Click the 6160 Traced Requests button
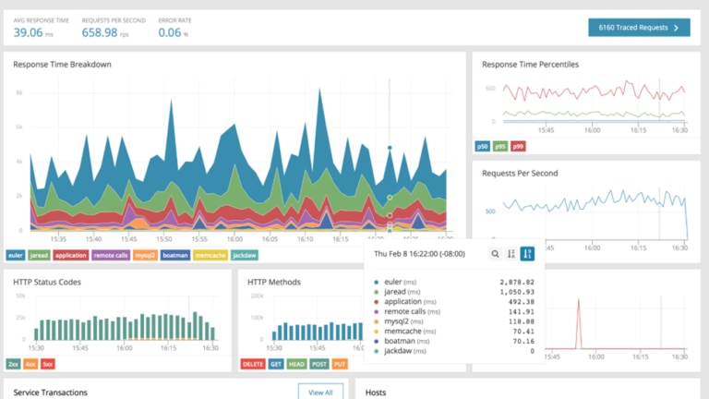[639, 28]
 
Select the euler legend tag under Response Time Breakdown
[16, 255]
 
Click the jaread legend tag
[40, 255]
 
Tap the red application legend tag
[71, 255]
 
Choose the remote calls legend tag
[111, 255]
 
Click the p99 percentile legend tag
[519, 146]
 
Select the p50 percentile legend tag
[483, 146]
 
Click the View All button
[320, 392]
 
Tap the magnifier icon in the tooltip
[496, 253]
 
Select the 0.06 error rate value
[169, 32]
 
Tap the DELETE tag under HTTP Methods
[252, 364]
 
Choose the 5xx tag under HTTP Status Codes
[47, 364]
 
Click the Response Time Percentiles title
[530, 65]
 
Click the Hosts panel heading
[378, 393]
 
